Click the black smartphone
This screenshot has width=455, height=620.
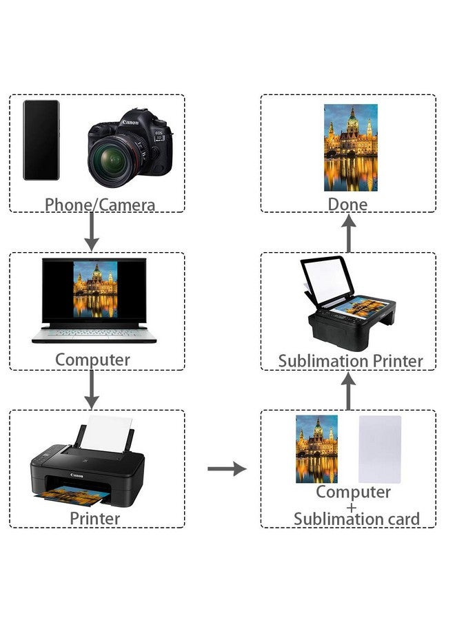point(41,140)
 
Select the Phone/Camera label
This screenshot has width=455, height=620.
point(100,205)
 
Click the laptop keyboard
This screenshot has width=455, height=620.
point(94,332)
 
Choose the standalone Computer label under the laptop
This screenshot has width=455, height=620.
point(92,360)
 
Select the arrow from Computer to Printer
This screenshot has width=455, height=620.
point(91,391)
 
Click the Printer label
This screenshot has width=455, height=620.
point(95,518)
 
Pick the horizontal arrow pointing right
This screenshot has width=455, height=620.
point(227,469)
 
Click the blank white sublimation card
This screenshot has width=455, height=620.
point(379,448)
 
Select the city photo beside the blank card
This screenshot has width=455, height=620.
point(316,448)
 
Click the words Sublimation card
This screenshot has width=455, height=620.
point(356,519)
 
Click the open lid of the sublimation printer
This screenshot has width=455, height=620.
point(327,281)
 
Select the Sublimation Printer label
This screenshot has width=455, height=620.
point(350,361)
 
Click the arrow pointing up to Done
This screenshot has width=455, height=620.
point(349,233)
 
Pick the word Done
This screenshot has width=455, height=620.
point(347,204)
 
